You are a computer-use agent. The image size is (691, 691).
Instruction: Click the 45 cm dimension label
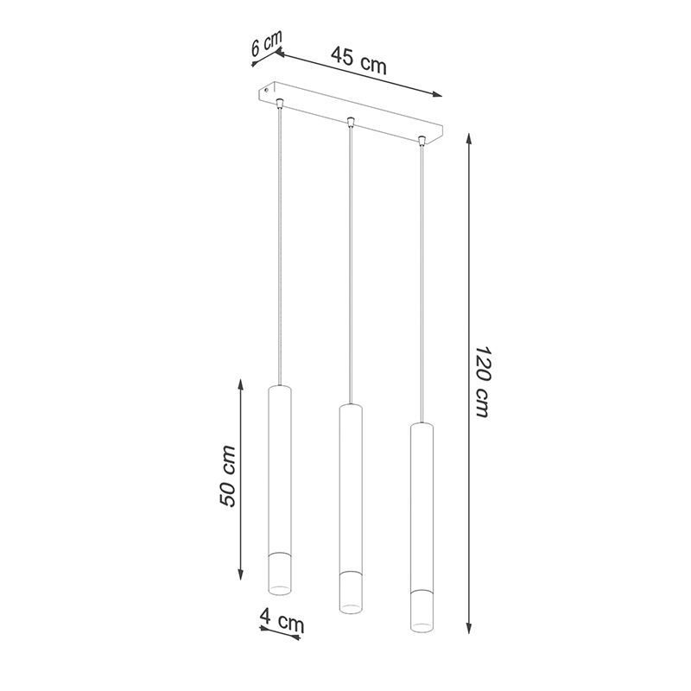[x=358, y=60]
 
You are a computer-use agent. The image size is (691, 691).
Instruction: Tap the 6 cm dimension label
[x=266, y=42]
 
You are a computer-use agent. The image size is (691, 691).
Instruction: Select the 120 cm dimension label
[x=483, y=382]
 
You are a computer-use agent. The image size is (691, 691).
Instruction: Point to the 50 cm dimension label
[x=227, y=476]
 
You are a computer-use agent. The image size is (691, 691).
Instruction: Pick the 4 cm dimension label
[x=282, y=620]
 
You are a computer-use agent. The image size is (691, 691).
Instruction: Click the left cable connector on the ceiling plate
[x=279, y=103]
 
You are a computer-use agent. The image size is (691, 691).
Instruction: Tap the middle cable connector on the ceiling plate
[x=351, y=122]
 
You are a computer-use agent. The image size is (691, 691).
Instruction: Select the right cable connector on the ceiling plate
[x=422, y=141]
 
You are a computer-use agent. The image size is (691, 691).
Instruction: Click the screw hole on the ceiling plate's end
[x=267, y=91]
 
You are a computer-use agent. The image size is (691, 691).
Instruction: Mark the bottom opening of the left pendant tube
[x=280, y=590]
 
